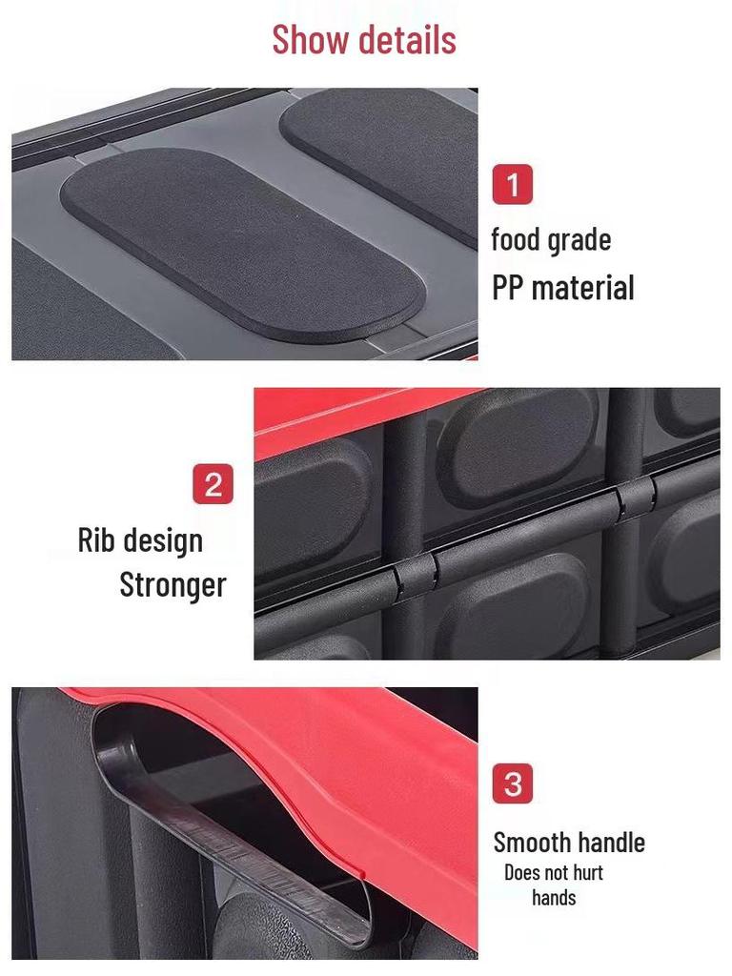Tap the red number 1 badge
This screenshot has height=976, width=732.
[512, 184]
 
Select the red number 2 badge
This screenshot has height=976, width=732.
[213, 484]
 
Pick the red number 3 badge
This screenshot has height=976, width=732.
[512, 784]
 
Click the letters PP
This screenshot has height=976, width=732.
[508, 287]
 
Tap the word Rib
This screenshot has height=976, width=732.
[95, 539]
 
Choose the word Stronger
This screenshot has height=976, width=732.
[173, 584]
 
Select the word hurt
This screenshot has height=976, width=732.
[588, 872]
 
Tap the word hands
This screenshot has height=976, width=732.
[554, 898]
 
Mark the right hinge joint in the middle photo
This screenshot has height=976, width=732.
[635, 498]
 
